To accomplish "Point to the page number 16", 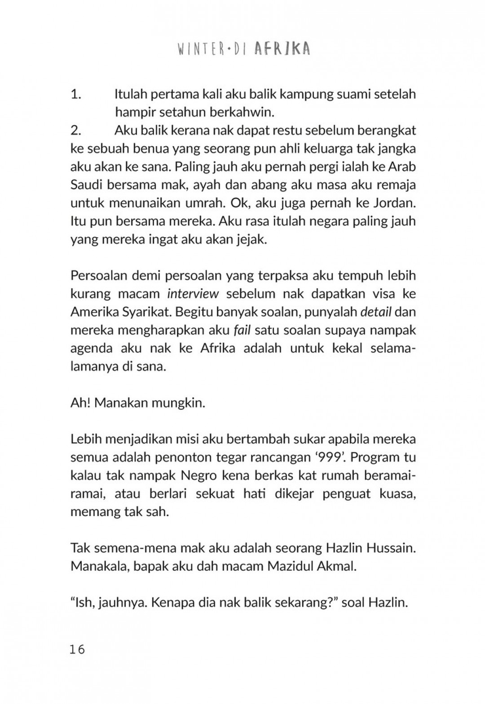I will [78, 649].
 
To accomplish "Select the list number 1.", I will [75, 95].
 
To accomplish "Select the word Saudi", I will [85, 185].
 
